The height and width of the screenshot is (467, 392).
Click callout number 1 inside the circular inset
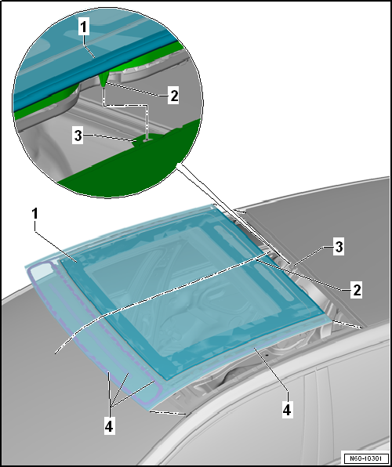coord(84,27)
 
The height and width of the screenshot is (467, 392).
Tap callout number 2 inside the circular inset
coord(173,96)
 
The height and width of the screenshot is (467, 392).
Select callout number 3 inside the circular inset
coord(78,136)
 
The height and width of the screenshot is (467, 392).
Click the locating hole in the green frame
coord(147,139)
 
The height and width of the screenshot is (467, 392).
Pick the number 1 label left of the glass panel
coord(35,214)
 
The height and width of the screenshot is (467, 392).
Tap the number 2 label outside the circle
coord(357,289)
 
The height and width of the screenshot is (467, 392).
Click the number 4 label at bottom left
coord(110,426)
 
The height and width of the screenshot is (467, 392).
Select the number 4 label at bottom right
coord(286,409)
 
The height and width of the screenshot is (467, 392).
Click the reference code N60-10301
coord(366,458)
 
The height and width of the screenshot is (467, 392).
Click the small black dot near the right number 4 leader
coord(267,355)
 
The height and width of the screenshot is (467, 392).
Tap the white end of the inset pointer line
coord(179,165)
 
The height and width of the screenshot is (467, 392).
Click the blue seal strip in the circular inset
coord(89,67)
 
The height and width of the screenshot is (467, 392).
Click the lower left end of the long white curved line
coord(56,353)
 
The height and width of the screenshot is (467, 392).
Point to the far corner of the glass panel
coord(212,205)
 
